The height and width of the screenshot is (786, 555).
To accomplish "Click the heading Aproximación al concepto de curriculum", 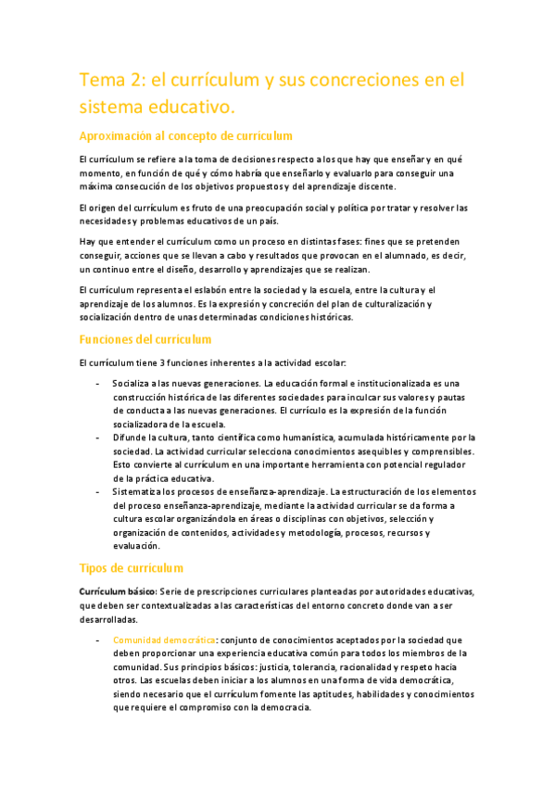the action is [186, 135].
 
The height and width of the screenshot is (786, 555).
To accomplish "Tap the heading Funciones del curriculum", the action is [145, 339].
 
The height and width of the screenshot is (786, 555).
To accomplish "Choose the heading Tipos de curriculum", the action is [131, 567].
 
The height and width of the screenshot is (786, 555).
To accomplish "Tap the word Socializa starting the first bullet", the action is [134, 383].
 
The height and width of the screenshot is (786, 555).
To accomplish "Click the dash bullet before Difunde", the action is [98, 437].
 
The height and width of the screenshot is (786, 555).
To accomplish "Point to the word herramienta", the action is [335, 464].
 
